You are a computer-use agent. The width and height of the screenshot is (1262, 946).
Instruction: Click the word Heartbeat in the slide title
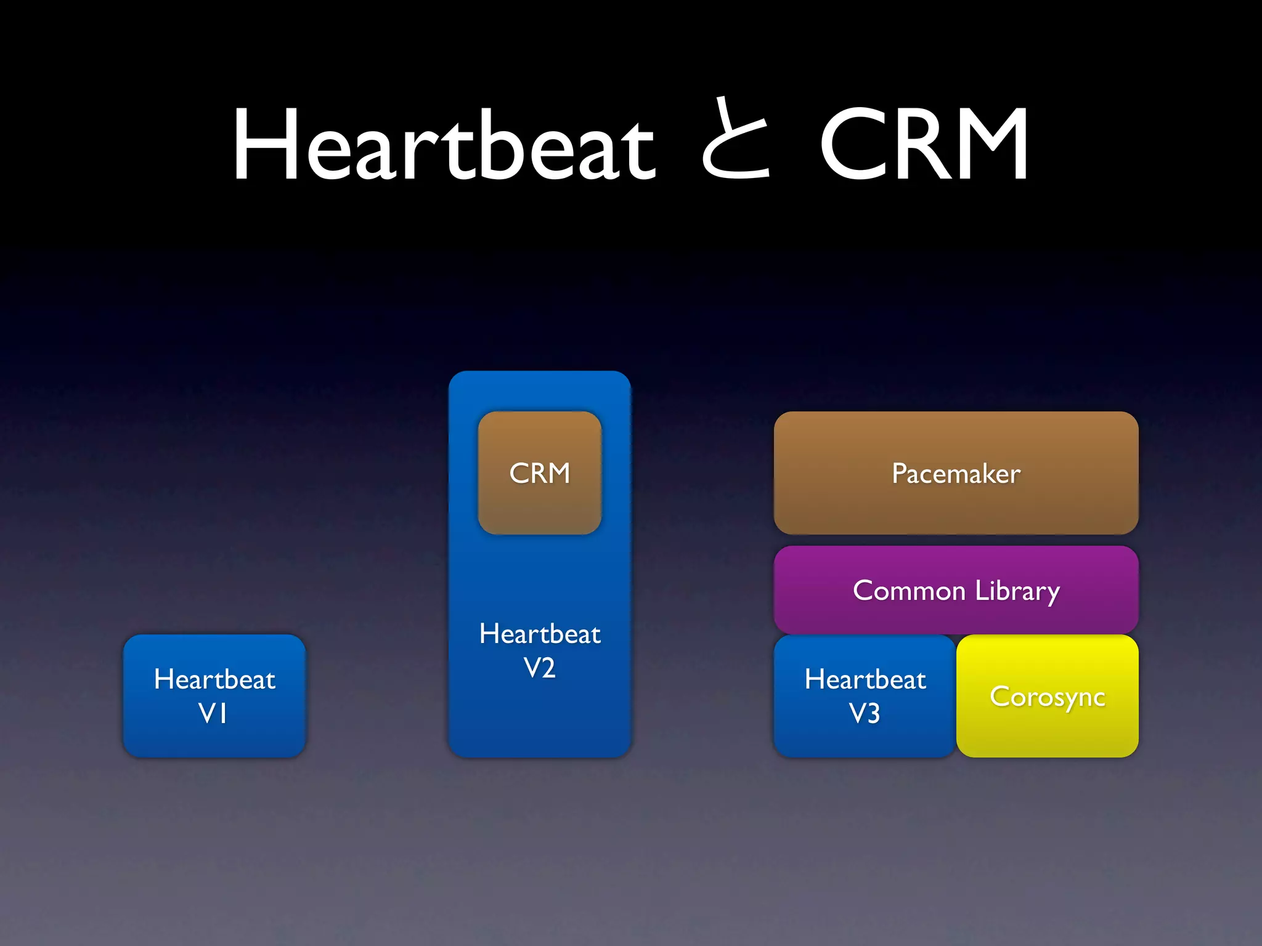tap(444, 145)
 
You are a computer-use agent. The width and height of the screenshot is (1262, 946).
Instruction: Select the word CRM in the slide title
tap(924, 145)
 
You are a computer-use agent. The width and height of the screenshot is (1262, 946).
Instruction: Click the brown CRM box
tap(540, 473)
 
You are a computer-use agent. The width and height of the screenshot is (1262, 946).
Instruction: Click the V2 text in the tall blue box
tap(540, 668)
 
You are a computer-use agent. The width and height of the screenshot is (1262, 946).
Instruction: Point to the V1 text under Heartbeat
tap(213, 713)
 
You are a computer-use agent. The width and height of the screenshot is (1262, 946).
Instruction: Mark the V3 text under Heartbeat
tap(865, 713)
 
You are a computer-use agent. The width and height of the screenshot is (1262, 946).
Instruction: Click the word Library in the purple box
tap(1017, 591)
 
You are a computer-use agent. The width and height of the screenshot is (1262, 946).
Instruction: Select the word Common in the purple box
tap(909, 591)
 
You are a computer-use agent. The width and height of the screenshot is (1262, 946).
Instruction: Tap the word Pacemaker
tap(956, 474)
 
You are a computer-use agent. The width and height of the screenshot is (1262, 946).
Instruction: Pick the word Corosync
tap(1048, 697)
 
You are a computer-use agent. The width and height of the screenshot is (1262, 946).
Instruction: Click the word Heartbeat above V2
tap(540, 634)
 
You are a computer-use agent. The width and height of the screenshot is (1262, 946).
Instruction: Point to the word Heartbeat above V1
tap(214, 679)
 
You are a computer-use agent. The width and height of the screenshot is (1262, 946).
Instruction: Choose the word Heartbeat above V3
tap(865, 679)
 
